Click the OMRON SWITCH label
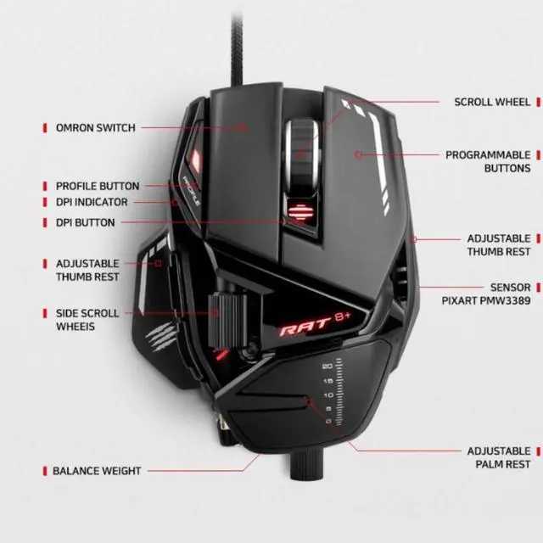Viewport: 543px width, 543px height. pos(95,128)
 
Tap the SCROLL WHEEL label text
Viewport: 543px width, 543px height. pos(491,102)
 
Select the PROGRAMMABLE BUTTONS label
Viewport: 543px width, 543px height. pos(488,162)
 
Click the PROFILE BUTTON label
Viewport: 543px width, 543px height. pos(97,186)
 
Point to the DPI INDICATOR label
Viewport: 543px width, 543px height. pos(92,203)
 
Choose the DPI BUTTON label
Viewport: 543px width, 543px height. pos(85,222)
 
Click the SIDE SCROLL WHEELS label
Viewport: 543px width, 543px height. pos(87,319)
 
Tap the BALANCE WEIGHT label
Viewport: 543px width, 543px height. pos(97,470)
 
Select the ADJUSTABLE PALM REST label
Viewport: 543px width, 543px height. pos(499,458)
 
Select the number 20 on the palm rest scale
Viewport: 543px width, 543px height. pos(327,367)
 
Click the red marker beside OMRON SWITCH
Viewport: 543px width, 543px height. pos(45,128)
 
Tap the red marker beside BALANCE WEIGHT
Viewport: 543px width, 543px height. pos(45,470)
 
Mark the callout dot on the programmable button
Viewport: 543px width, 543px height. pos(359,154)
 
